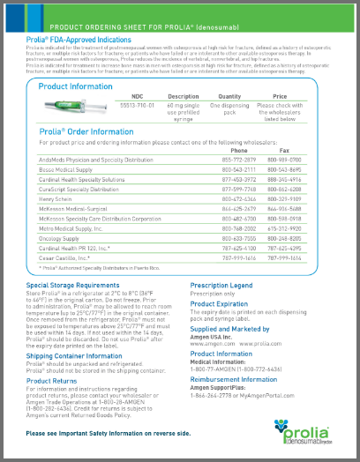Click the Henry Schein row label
pyautogui.click(x=57, y=199)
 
